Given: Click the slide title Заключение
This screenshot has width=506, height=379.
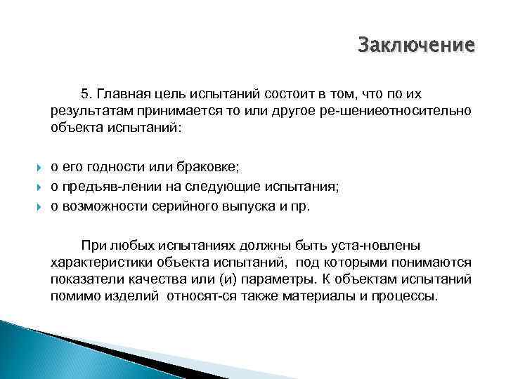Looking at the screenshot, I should [416, 46].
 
